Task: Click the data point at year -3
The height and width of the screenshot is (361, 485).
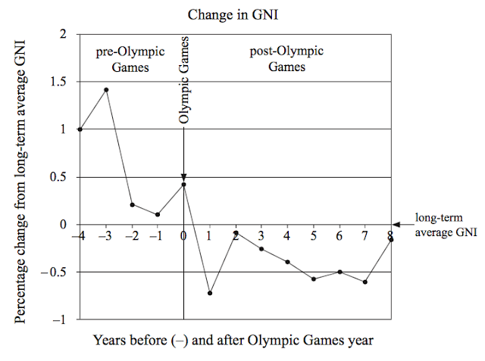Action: tap(106, 89)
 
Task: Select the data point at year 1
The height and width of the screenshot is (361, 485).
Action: tap(209, 293)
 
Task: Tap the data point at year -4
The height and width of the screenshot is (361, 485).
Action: tap(80, 129)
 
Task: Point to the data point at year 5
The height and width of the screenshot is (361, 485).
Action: tap(313, 279)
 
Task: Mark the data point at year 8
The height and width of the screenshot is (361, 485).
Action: tap(390, 240)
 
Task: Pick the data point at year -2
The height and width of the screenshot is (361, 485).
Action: tap(132, 204)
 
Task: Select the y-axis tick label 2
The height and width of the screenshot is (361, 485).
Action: tap(63, 34)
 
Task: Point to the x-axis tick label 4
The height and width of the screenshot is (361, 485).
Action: tap(287, 236)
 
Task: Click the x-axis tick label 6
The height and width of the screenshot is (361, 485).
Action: tap(339, 236)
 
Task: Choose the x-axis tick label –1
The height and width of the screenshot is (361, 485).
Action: tap(155, 236)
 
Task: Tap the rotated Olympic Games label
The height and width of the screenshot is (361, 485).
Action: tap(183, 83)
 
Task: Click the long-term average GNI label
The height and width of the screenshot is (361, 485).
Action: tap(446, 225)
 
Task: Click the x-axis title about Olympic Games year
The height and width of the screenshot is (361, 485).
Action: tap(233, 340)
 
